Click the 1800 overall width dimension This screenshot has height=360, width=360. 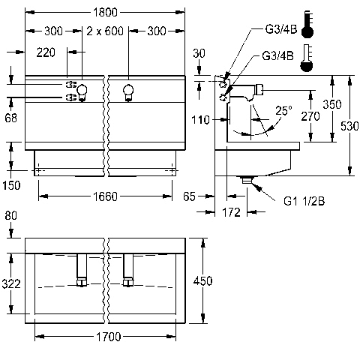pos(105,12)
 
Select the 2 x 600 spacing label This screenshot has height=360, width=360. pos(105,31)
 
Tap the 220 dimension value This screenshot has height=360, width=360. pos(46,52)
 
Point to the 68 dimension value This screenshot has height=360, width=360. pos(10,118)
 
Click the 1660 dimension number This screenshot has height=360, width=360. pos(105,196)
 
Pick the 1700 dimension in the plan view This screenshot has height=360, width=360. pos(109,337)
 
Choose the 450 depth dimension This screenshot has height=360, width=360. pos(202,281)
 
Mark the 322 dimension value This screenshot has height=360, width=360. pos(11,284)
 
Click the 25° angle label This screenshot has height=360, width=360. pos(283,110)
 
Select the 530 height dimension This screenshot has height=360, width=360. pos(349,126)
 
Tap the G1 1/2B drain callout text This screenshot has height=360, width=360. pos(304,201)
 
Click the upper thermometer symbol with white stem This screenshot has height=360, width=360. pos(307,24)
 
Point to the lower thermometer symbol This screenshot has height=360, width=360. pos(306,58)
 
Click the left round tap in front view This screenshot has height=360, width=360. pos(82,92)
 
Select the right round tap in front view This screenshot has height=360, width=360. pos(128,92)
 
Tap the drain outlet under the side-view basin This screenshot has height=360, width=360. pos(247,179)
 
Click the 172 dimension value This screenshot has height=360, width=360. pos(231,212)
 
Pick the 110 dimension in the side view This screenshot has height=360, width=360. pos(200,120)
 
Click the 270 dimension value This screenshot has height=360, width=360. pos(310,116)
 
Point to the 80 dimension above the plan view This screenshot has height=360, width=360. pos(10,215)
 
